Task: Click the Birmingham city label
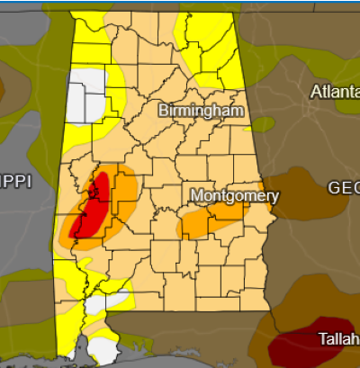pos(202,111)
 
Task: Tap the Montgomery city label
pos(236,195)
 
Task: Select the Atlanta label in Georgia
pos(334,92)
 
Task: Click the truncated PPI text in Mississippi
pos(15,182)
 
